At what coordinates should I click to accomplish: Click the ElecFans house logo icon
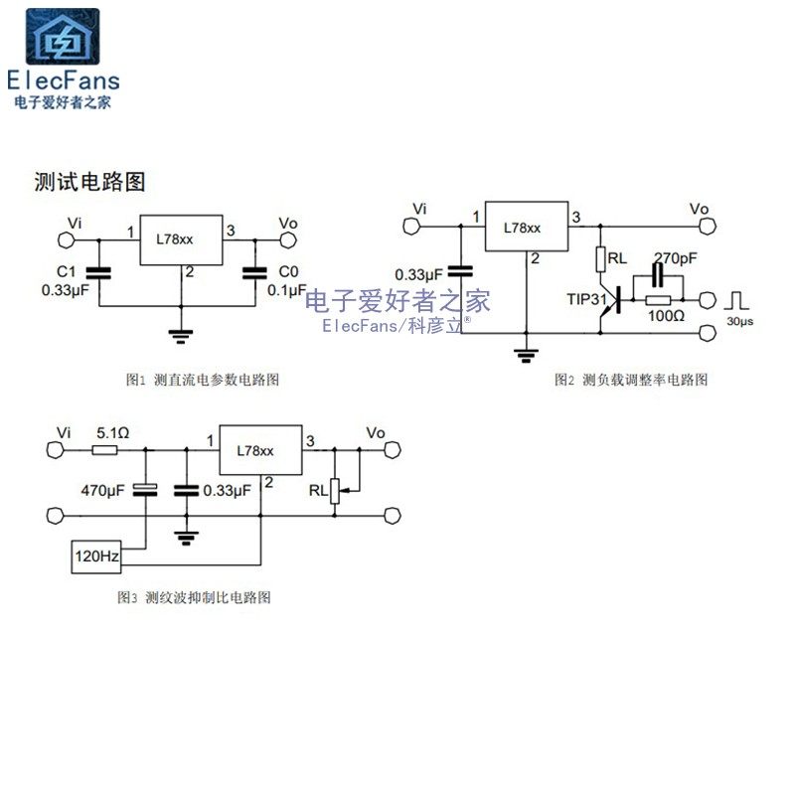63,38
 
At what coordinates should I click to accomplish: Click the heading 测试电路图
89,182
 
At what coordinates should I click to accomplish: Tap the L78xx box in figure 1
180,239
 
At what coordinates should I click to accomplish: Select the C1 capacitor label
67,271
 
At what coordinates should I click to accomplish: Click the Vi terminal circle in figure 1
68,239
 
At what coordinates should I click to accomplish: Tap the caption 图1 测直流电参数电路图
209,380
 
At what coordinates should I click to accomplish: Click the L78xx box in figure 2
524,227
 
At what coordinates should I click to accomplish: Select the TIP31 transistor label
586,298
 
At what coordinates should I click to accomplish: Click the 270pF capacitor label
676,258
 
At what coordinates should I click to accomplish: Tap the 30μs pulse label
737,323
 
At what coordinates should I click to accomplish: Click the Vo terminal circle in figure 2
707,227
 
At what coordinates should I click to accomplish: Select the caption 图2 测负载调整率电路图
632,380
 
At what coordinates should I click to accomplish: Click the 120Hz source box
95,557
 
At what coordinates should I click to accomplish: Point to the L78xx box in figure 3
260,451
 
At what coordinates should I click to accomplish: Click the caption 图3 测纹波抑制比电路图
194,598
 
